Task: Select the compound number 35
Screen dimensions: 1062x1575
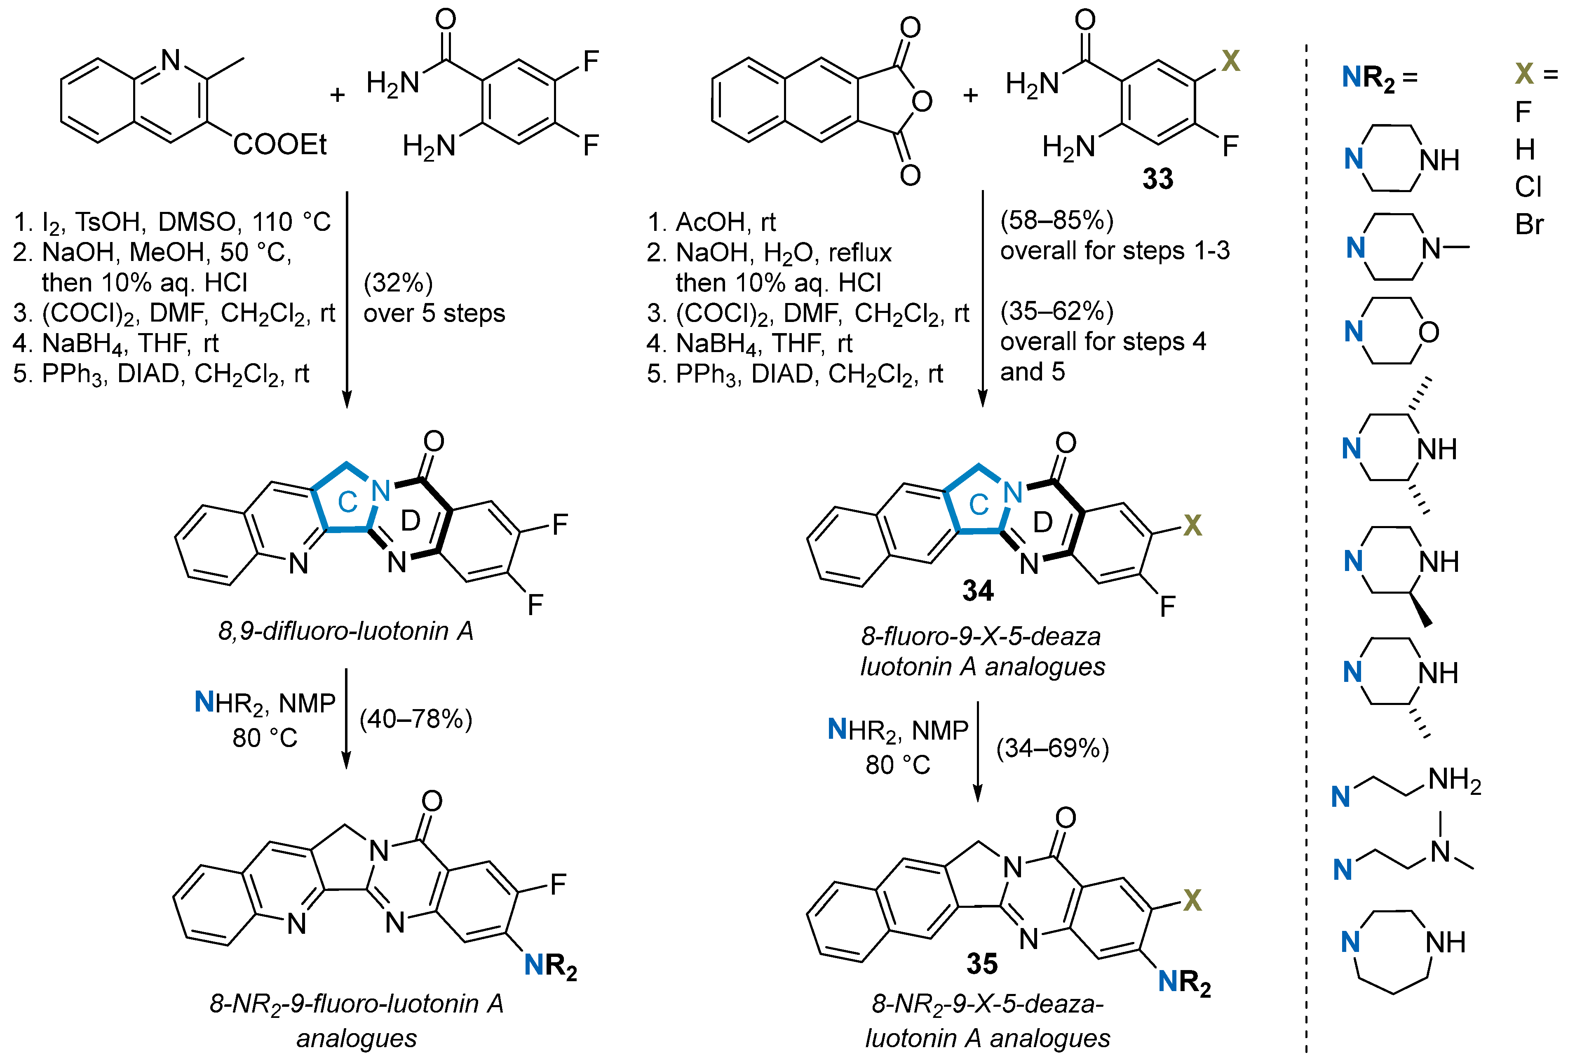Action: pyautogui.click(x=982, y=963)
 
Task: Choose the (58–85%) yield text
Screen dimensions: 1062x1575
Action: pyautogui.click(x=1057, y=220)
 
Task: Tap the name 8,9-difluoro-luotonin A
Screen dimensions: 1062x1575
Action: pyautogui.click(x=345, y=631)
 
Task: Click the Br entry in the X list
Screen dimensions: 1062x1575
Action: pyautogui.click(x=1529, y=225)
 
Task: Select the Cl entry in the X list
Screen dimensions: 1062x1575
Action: pyautogui.click(x=1528, y=187)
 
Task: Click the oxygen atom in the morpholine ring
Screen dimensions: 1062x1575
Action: pyautogui.click(x=1429, y=332)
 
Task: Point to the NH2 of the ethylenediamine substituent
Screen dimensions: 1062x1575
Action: pyautogui.click(x=1455, y=780)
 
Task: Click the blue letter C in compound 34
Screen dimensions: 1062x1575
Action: pyautogui.click(x=979, y=504)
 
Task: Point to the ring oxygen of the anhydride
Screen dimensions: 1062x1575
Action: pyautogui.click(x=922, y=101)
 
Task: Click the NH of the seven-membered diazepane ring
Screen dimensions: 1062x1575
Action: pyautogui.click(x=1445, y=942)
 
